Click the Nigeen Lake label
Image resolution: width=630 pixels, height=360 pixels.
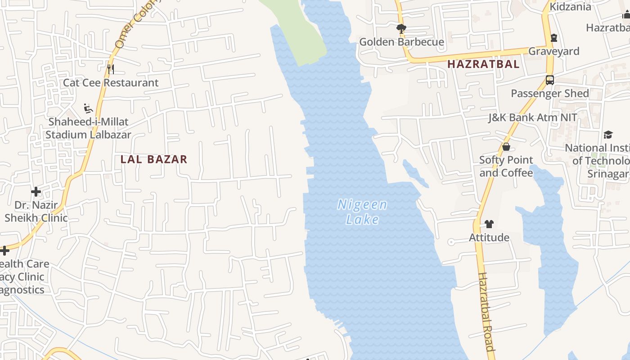point(362,212)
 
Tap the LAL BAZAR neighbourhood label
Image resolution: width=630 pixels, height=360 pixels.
point(154,159)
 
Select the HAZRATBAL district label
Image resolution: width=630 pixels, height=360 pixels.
point(483,64)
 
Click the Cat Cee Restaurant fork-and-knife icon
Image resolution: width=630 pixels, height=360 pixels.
point(110,69)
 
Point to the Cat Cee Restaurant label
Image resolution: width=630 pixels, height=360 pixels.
point(111,83)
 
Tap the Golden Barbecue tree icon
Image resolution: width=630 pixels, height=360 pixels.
point(401,29)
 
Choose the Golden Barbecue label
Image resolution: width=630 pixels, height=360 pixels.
point(401,42)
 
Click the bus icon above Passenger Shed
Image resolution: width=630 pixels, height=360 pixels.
point(549,80)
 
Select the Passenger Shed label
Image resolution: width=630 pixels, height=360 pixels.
point(549,94)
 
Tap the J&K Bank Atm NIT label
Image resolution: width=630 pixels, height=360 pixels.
point(533,118)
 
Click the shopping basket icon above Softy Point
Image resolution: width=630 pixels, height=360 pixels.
point(506,147)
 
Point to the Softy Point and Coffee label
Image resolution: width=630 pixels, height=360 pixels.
point(506,166)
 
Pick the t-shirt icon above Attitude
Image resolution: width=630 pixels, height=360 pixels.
point(489,224)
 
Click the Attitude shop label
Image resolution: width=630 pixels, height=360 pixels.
point(489,238)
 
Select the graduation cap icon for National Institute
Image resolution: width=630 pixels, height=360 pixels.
point(608,135)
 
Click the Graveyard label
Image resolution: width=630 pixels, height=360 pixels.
point(553,51)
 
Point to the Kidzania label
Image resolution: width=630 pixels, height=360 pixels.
point(570,7)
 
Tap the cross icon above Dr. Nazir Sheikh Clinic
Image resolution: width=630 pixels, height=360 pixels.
point(36,192)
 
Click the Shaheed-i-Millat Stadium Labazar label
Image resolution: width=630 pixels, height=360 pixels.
point(88,128)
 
